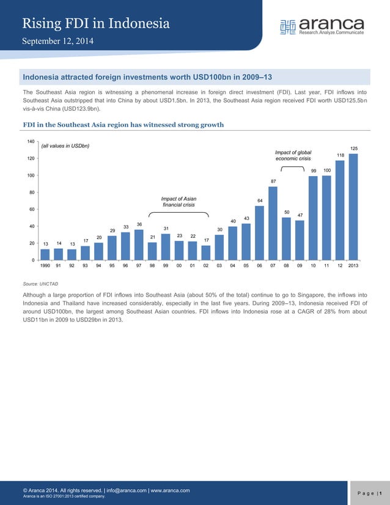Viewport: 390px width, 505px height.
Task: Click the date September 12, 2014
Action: click(58, 42)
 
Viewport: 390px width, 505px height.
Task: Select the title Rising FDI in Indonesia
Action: click(95, 23)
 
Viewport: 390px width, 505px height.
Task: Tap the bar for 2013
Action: click(353, 207)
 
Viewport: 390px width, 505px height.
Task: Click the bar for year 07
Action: click(273, 224)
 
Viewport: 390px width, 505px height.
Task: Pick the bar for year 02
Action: click(206, 253)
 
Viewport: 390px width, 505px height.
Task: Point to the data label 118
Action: click(340, 155)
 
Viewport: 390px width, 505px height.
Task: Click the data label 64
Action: click(260, 201)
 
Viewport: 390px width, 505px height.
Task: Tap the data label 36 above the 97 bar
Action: click(139, 224)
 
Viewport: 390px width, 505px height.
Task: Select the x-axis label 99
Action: click(166, 266)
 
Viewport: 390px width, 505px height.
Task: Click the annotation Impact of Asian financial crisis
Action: click(178, 202)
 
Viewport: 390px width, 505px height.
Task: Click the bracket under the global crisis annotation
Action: click(292, 167)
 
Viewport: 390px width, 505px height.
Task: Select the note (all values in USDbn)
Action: click(65, 146)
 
